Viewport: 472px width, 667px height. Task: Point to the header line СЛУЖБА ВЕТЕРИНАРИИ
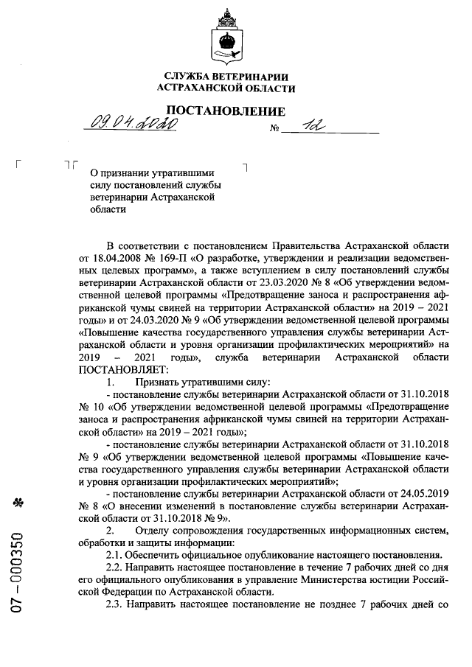click(226, 77)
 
